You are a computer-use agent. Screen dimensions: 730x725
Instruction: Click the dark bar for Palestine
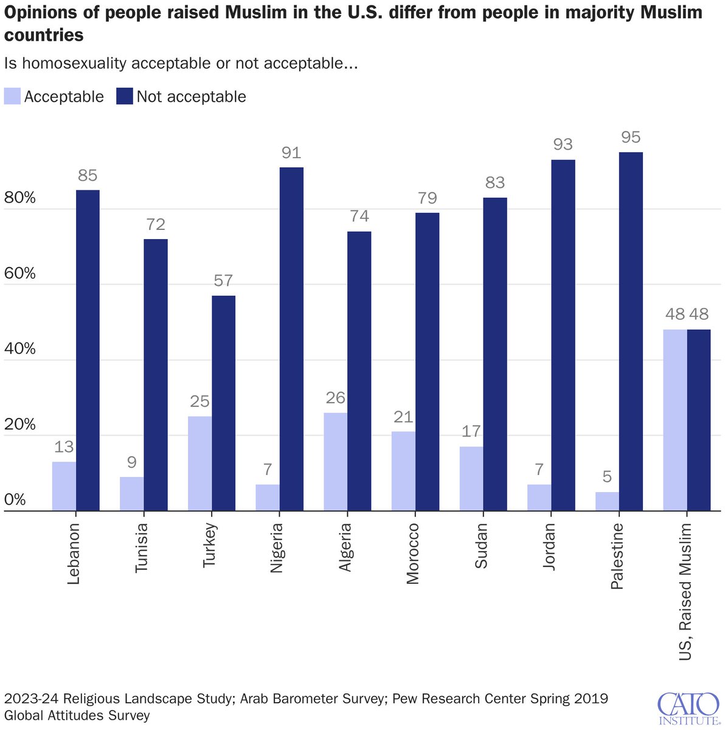(631, 332)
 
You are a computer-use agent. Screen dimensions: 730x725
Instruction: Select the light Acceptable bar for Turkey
(200, 464)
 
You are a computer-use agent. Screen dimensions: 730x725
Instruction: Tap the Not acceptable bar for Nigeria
(291, 339)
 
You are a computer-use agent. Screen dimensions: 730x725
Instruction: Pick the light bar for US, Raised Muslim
(675, 420)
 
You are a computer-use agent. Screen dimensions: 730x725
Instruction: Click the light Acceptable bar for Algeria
(336, 462)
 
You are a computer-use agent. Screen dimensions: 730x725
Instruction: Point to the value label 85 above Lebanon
(88, 176)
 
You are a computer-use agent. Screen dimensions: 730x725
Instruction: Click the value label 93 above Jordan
(563, 145)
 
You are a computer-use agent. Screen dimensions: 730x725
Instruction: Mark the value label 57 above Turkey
(223, 280)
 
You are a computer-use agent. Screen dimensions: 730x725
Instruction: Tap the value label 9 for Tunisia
(132, 463)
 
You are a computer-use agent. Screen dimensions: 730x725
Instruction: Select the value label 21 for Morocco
(403, 417)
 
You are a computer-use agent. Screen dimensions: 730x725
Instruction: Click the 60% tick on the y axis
(21, 274)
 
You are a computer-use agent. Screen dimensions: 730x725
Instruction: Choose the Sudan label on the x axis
(481, 546)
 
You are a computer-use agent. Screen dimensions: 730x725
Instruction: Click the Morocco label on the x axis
(413, 554)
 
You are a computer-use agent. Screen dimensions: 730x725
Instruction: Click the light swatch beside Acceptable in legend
(12, 97)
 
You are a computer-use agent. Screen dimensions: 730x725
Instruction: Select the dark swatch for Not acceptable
(125, 97)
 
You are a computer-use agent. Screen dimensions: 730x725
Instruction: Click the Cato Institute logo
(687, 707)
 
